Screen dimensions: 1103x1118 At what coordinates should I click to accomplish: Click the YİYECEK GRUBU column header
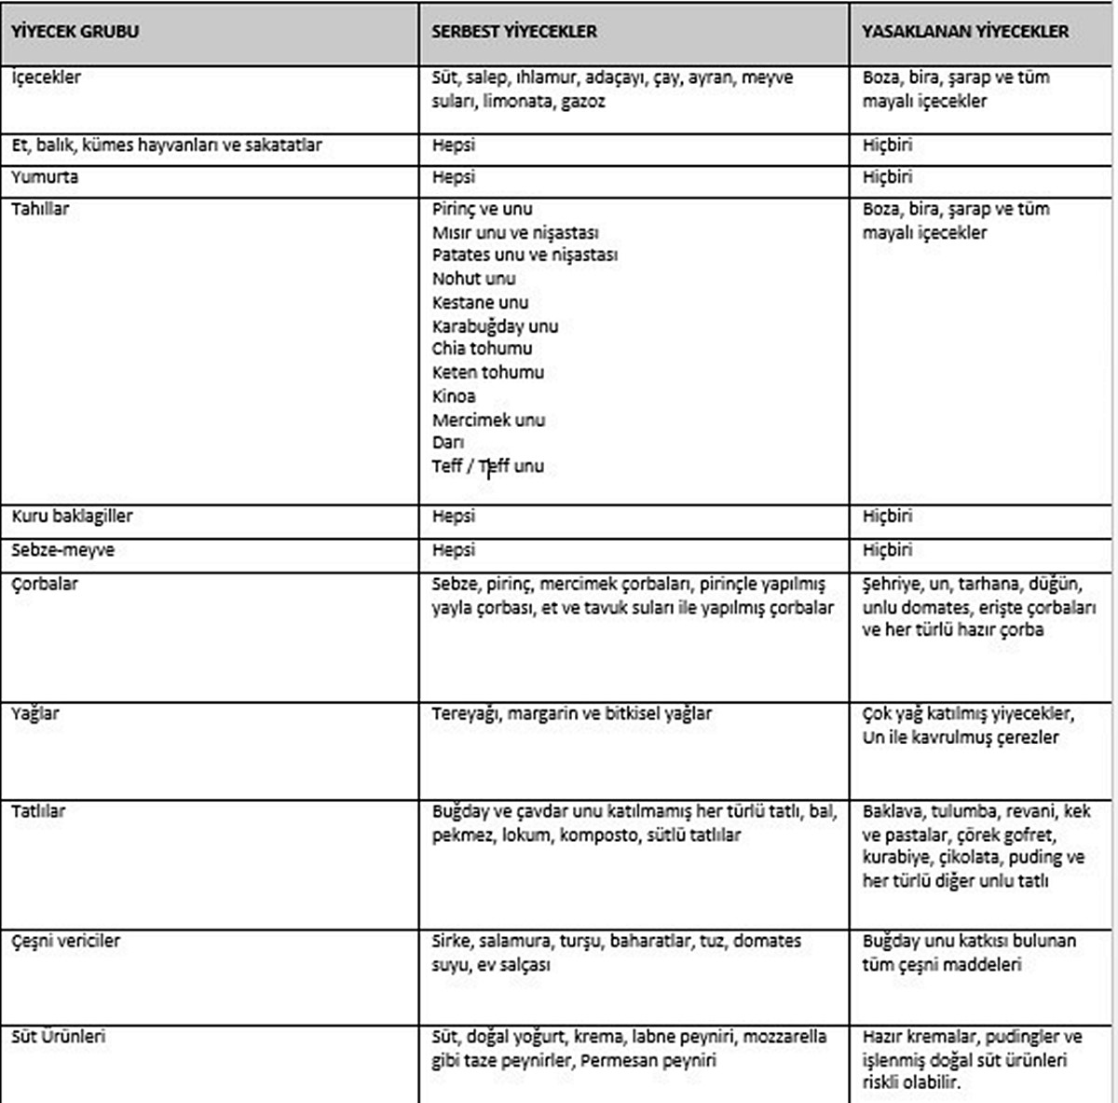(x=75, y=32)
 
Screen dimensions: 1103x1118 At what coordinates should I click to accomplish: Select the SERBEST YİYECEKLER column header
(x=514, y=32)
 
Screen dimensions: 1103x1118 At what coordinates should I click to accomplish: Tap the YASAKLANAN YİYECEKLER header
(x=965, y=32)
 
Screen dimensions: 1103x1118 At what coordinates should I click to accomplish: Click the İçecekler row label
(x=46, y=77)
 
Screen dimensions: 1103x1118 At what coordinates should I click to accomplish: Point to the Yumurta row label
(x=45, y=177)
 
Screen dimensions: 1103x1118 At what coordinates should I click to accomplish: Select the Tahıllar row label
(x=40, y=209)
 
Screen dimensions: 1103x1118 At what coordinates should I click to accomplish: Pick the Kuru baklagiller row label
(x=72, y=517)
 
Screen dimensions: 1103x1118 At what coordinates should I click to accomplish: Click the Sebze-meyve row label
(x=62, y=550)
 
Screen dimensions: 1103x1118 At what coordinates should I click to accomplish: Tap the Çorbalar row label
(x=45, y=585)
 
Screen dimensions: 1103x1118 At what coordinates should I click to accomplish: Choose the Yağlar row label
(x=35, y=714)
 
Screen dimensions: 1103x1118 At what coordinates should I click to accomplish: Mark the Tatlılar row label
(x=38, y=811)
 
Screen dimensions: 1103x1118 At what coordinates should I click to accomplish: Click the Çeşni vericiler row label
(x=65, y=941)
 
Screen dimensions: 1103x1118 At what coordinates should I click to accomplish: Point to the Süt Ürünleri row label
(x=59, y=1037)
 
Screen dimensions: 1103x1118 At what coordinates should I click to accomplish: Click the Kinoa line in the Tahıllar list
(x=454, y=396)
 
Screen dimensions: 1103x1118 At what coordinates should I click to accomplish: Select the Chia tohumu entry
(x=482, y=349)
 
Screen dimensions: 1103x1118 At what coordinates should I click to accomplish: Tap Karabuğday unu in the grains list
(x=495, y=326)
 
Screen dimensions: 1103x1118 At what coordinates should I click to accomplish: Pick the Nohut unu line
(x=473, y=279)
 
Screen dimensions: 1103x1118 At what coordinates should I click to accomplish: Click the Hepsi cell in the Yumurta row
(x=454, y=177)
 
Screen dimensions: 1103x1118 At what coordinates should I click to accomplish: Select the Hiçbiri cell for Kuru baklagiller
(x=887, y=517)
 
